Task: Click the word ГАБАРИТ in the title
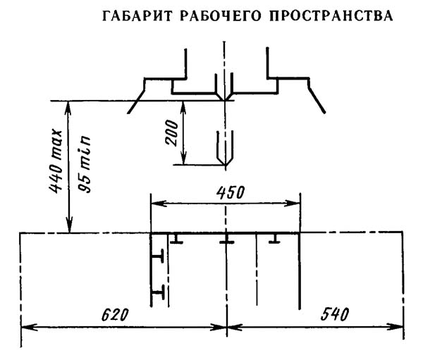(130, 16)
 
